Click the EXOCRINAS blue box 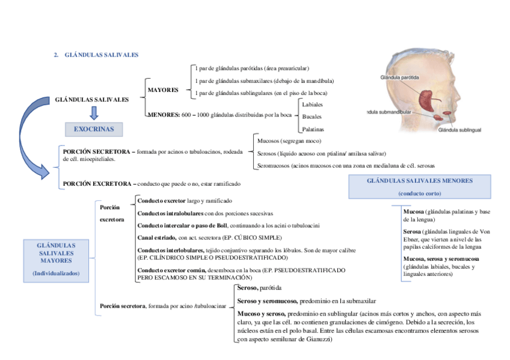[93, 129]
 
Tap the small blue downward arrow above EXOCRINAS [93, 113]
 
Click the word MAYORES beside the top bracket [163, 90]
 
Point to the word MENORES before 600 [163, 114]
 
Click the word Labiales [312, 105]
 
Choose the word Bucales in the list [312, 117]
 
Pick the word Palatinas [313, 129]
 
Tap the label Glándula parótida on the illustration [399, 77]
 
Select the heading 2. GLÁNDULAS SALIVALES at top [96, 55]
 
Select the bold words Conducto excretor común [171, 270]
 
